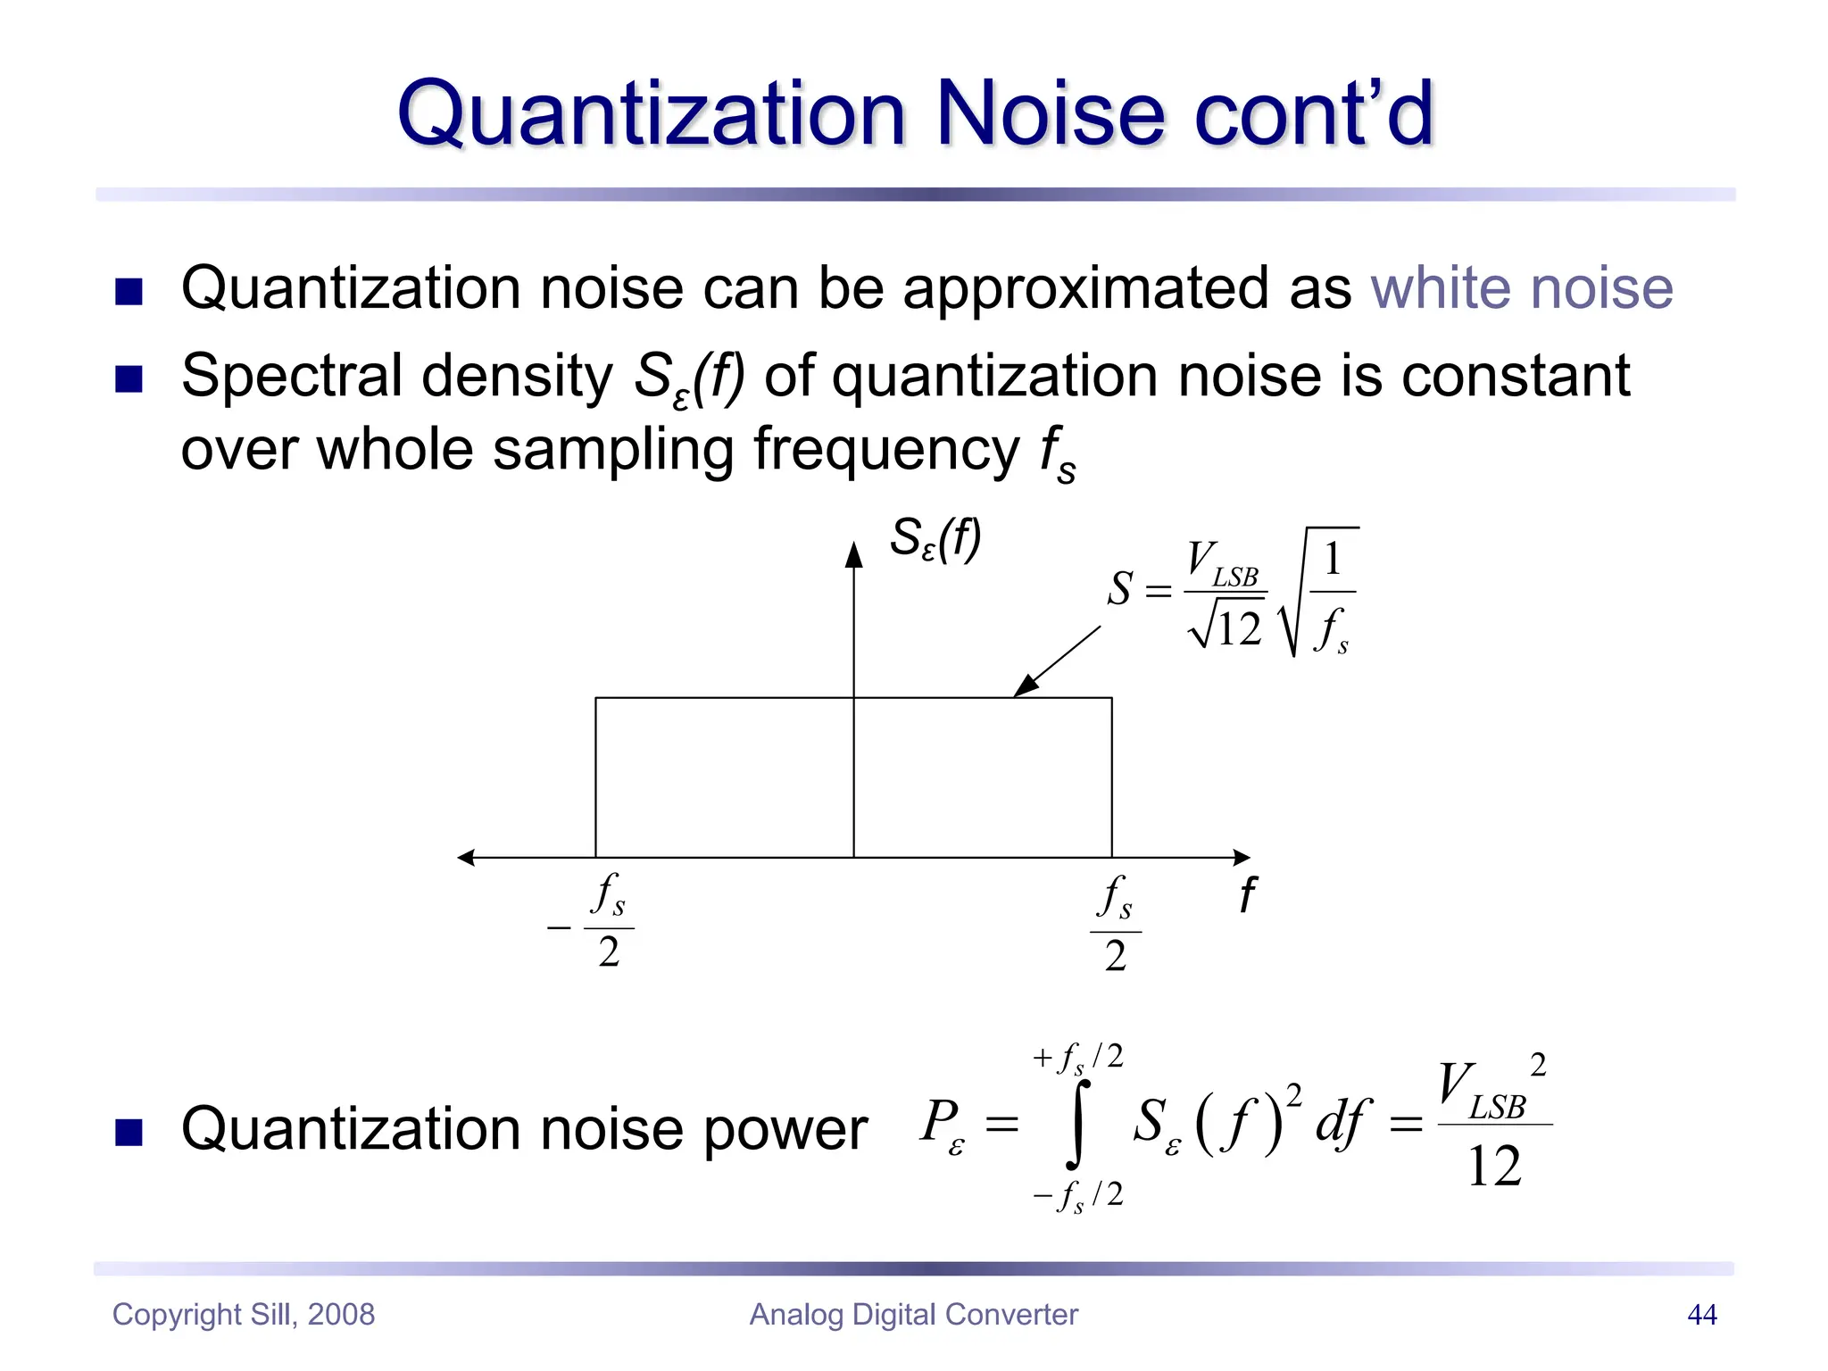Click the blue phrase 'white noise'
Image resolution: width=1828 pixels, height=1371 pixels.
pyautogui.click(x=1521, y=288)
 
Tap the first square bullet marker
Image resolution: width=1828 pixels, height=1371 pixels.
pyautogui.click(x=129, y=291)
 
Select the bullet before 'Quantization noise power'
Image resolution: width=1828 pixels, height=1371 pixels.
pyautogui.click(x=129, y=1132)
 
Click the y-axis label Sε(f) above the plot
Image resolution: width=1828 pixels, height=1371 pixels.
pyautogui.click(x=935, y=540)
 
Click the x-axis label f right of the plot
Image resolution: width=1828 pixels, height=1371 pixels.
pyautogui.click(x=1247, y=894)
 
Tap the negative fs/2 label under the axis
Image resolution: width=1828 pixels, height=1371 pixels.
pyautogui.click(x=593, y=922)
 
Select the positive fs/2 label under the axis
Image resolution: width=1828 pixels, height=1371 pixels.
pyautogui.click(x=1115, y=925)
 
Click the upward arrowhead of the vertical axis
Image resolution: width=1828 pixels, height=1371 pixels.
pyautogui.click(x=854, y=554)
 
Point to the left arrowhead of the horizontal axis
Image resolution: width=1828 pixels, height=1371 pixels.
pyautogui.click(x=466, y=858)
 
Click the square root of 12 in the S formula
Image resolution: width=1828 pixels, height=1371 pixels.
pyautogui.click(x=1226, y=627)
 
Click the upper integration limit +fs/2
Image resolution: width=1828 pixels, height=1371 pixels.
pyautogui.click(x=1077, y=1059)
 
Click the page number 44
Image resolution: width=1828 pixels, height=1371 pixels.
pyautogui.click(x=1701, y=1315)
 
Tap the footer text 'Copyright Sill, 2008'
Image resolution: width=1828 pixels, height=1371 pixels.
pyautogui.click(x=244, y=1315)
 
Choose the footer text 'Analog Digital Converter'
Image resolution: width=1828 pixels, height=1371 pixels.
pyautogui.click(x=913, y=1315)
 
